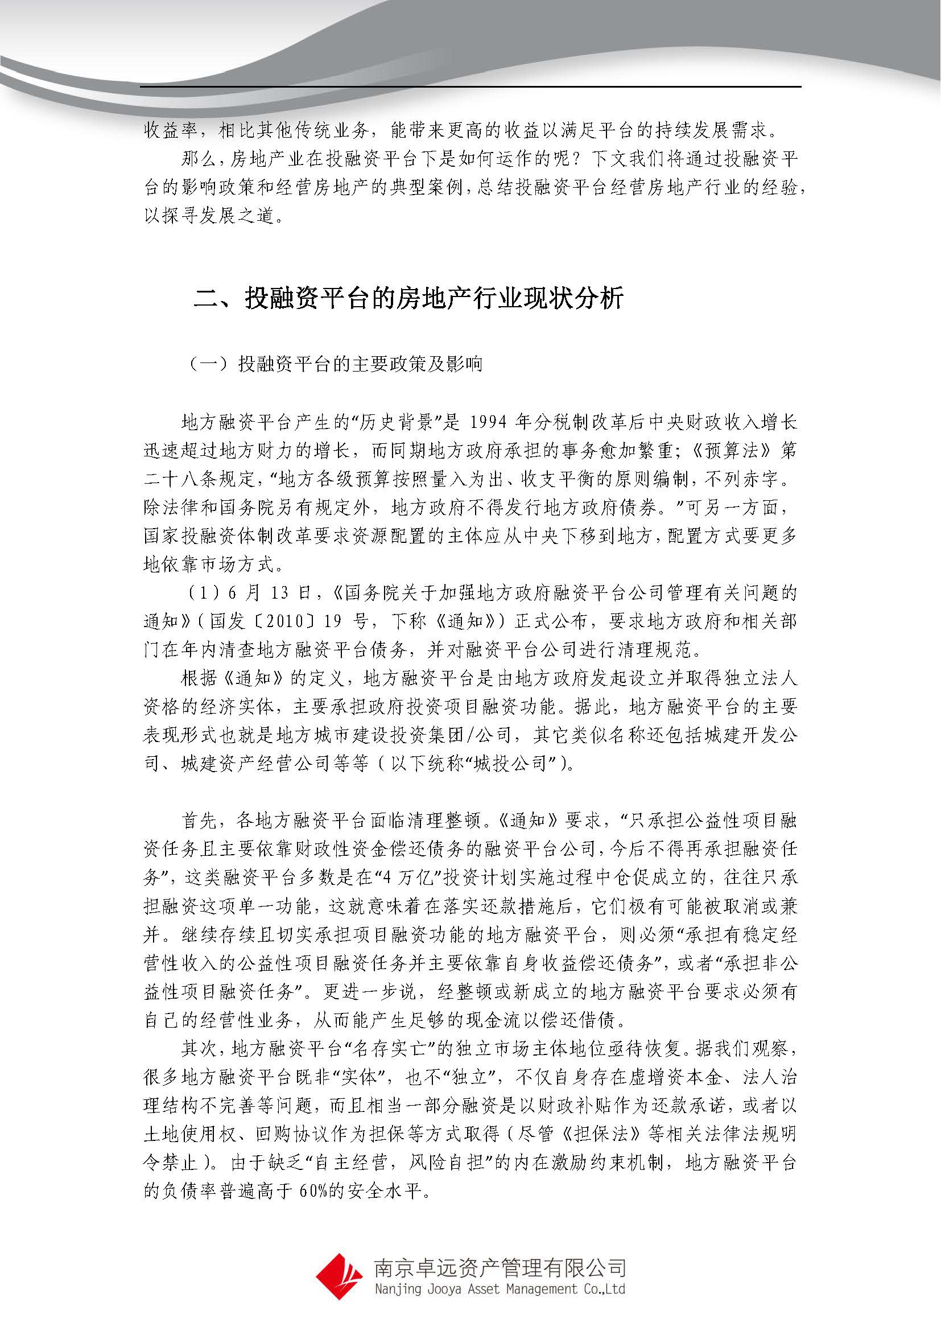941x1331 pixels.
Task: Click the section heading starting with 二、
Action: pos(408,299)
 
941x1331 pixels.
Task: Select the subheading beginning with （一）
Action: pos(336,364)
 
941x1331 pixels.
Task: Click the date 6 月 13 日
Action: pos(270,592)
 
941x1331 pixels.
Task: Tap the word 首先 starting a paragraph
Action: pos(200,821)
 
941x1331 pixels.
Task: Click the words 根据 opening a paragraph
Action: pos(200,678)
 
